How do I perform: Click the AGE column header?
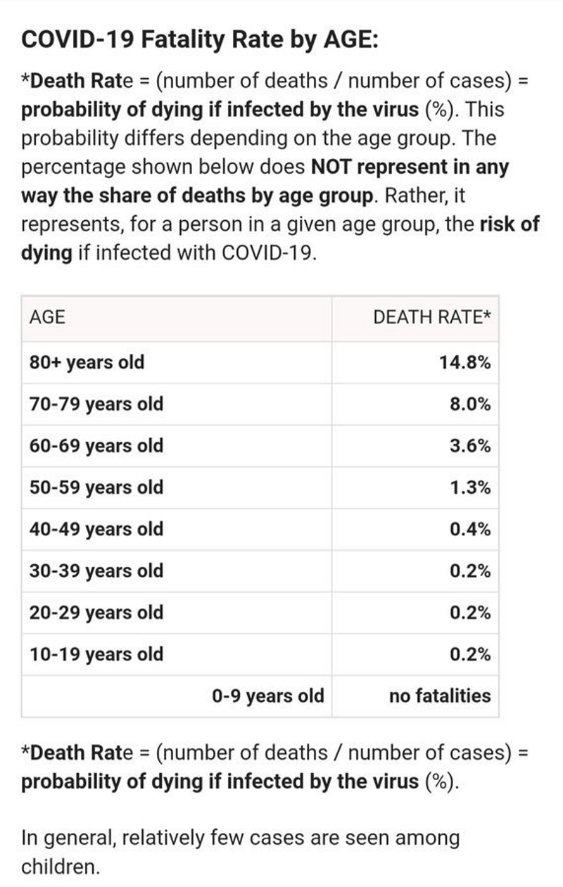(47, 317)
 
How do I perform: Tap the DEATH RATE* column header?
(431, 317)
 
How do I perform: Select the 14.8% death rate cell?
(464, 363)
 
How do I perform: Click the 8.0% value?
(470, 404)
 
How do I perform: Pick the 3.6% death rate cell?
(470, 446)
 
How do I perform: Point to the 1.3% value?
(470, 487)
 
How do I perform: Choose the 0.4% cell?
(470, 529)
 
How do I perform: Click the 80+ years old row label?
(87, 363)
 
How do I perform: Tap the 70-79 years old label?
(96, 404)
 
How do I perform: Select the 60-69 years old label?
(96, 446)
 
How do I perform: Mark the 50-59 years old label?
(96, 487)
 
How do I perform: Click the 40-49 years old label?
(96, 529)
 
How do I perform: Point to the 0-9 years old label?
(268, 696)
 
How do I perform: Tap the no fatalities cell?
(440, 696)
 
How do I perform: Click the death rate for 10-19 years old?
(470, 654)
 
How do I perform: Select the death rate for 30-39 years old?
(470, 570)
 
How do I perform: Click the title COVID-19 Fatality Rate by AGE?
(201, 39)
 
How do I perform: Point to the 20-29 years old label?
(96, 612)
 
